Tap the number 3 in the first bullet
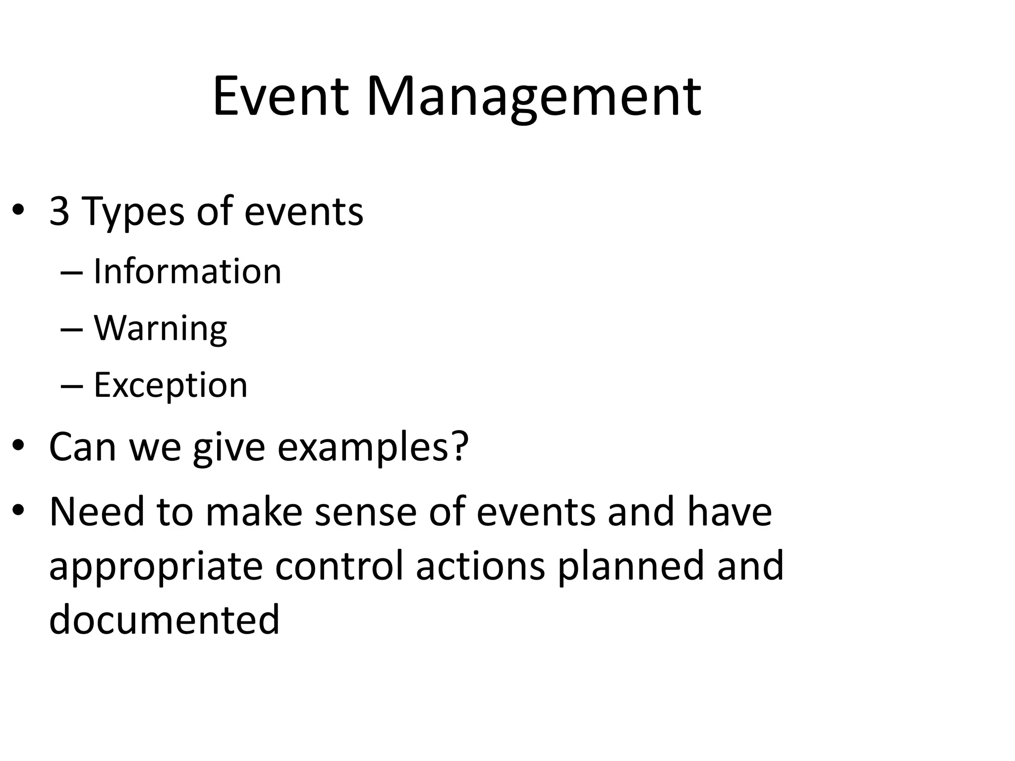pos(59,212)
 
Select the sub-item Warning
pos(160,328)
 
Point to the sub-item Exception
pos(170,385)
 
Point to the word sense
pos(365,512)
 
